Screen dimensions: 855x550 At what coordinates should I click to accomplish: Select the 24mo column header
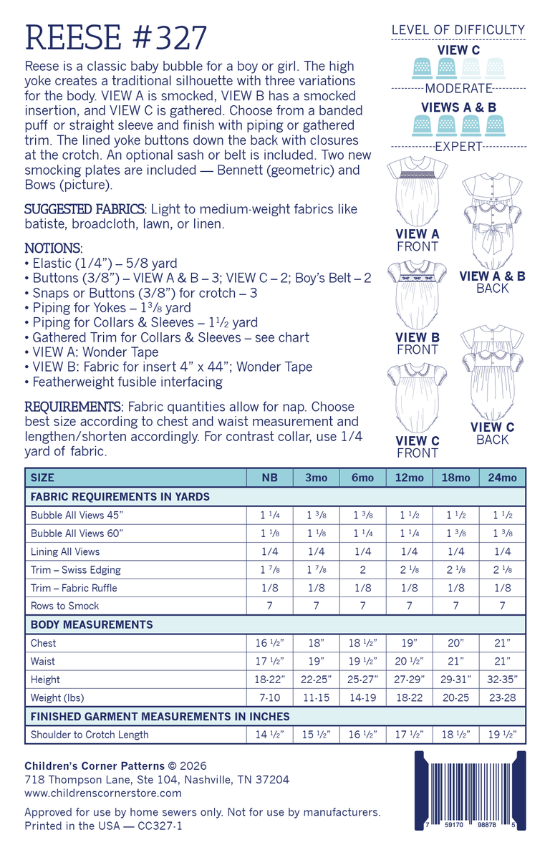tap(502, 478)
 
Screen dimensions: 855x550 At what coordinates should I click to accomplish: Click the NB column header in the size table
tap(269, 478)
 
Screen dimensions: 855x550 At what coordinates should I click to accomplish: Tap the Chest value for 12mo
tap(409, 643)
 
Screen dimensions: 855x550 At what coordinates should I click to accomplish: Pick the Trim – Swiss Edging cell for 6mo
tap(362, 570)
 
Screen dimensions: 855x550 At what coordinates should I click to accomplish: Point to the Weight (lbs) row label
tap(55, 698)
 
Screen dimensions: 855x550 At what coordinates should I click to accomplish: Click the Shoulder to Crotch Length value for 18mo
tap(455, 735)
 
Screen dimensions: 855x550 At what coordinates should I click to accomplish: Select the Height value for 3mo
tap(316, 680)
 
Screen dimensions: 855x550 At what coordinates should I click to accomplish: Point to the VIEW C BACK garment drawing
tap(492, 372)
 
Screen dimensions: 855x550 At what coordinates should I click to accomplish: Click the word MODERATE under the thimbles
tap(458, 89)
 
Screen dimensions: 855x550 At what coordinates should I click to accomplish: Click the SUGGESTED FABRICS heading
tap(85, 209)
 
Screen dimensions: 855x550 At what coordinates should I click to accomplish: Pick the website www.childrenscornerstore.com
tap(103, 793)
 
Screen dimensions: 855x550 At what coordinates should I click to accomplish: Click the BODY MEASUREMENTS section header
tap(92, 624)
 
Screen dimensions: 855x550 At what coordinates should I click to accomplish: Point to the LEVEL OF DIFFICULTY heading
tap(458, 30)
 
